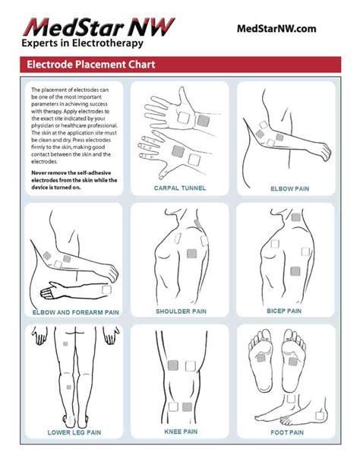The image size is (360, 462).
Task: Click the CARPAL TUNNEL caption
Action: pos(180,188)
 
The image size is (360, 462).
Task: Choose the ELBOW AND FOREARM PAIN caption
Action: pos(75,312)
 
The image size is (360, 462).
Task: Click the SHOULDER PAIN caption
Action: pos(180,312)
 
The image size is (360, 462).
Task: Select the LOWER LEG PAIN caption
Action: pos(74,434)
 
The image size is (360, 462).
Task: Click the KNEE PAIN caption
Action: pos(180,434)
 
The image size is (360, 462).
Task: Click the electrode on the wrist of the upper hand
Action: pos(204,120)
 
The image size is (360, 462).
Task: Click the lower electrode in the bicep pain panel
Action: pos(293,270)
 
